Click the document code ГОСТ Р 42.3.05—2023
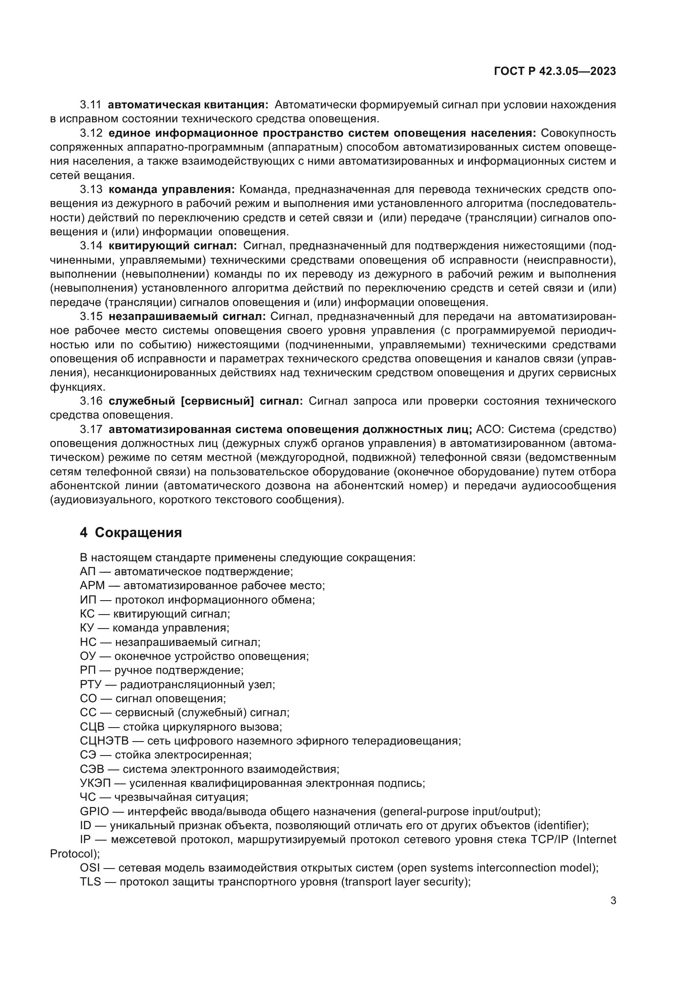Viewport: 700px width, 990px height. [x=555, y=72]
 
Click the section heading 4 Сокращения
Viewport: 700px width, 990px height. [x=131, y=532]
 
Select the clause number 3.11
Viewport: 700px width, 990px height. [x=91, y=105]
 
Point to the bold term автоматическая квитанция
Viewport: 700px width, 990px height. [x=188, y=105]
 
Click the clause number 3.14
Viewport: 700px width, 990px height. [x=91, y=246]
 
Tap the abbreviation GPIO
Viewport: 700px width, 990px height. [x=94, y=811]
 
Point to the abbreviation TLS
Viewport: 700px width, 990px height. [x=90, y=882]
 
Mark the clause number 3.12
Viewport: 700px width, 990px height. [x=91, y=133]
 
